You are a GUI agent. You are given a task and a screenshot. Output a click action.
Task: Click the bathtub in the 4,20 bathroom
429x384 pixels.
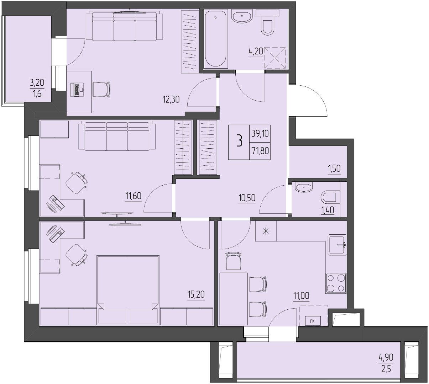(215, 38)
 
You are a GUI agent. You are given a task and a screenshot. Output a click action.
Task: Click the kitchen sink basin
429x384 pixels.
(337, 245)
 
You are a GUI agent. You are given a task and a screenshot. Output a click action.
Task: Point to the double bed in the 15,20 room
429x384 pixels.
(128, 290)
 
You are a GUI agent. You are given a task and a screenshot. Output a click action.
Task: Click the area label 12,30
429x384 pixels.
(171, 99)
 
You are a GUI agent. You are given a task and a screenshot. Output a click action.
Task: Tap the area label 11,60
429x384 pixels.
(133, 196)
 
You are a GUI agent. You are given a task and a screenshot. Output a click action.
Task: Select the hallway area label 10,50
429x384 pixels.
(247, 198)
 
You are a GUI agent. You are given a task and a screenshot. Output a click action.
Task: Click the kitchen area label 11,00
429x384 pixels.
(301, 295)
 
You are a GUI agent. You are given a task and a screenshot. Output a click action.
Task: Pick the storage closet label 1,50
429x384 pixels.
(334, 169)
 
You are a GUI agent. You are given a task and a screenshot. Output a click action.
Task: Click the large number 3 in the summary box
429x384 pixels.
(239, 141)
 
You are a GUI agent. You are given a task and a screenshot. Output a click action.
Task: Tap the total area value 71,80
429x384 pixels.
(260, 151)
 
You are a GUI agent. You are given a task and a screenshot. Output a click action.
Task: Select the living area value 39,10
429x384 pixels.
(260, 133)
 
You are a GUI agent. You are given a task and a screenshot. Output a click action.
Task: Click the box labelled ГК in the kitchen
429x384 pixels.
(313, 321)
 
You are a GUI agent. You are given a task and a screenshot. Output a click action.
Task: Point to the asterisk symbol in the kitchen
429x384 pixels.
(266, 231)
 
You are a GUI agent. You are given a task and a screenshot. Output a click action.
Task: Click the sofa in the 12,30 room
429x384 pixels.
(125, 26)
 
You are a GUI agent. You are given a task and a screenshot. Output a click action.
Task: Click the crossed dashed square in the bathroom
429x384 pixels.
(275, 58)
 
